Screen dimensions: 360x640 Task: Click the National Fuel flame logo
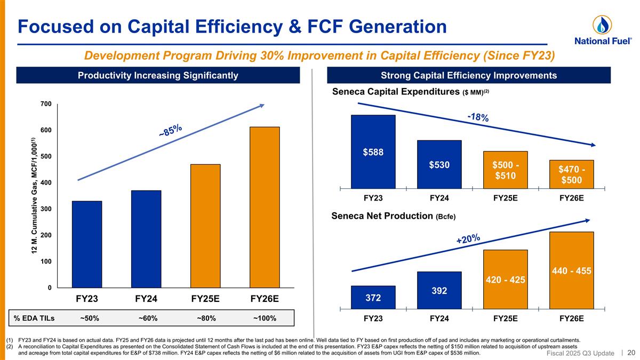(602, 25)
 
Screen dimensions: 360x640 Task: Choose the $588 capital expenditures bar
(373, 151)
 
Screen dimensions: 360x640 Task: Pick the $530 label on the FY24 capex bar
(439, 165)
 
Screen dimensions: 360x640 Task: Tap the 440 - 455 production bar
(571, 270)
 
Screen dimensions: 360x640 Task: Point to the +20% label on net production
(468, 239)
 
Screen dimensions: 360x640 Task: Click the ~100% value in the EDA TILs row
(265, 318)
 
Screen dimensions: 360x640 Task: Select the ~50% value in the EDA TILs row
(89, 318)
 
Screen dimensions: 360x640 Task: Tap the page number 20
(631, 353)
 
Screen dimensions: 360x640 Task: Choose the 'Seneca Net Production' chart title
(393, 216)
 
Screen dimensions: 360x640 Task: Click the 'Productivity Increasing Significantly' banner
(158, 75)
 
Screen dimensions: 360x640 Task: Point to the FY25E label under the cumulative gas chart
(206, 299)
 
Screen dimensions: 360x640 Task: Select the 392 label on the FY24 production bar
(439, 291)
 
